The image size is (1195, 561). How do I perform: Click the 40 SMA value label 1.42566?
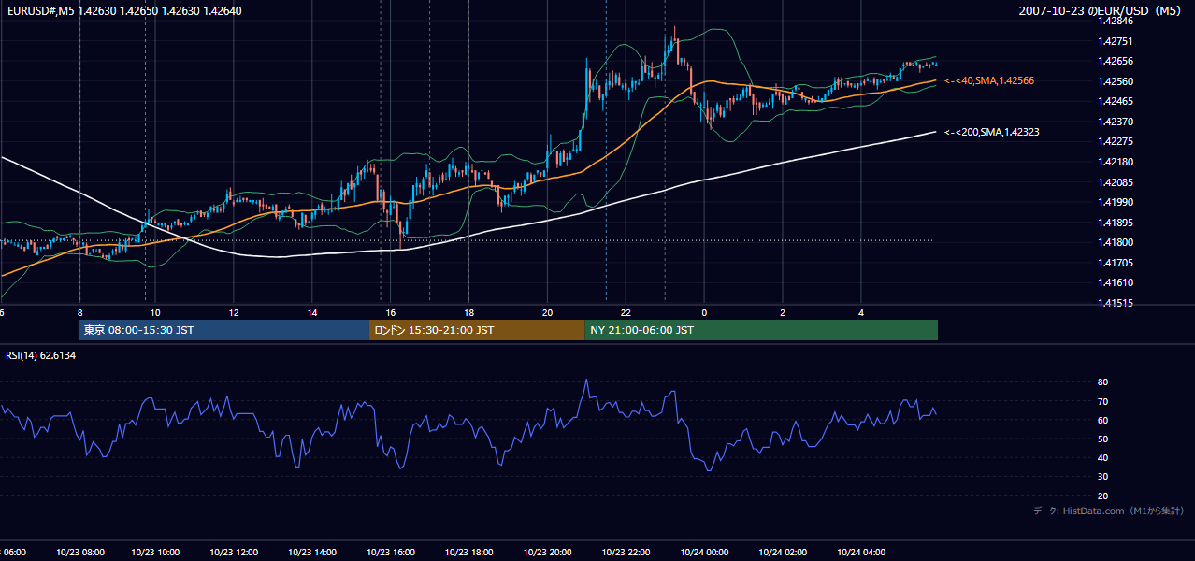point(989,80)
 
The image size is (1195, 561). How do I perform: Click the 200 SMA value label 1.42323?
point(992,132)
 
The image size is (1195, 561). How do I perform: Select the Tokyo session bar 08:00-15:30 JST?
point(223,330)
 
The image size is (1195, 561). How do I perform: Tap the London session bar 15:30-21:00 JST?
point(477,330)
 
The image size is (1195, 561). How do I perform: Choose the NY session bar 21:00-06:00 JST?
point(761,330)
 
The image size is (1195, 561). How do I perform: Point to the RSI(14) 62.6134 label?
point(40,355)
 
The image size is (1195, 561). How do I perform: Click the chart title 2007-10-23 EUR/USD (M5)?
point(1100,10)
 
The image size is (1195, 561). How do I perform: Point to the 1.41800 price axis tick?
point(1115,242)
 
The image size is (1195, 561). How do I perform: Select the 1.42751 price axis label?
point(1115,41)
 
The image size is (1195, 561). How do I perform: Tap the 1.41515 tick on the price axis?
point(1115,303)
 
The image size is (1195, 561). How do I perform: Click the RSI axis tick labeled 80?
point(1102,381)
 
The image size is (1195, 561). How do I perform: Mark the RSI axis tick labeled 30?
point(1102,476)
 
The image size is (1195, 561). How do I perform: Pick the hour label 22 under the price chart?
point(626,313)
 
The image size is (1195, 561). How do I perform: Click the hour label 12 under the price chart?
point(234,313)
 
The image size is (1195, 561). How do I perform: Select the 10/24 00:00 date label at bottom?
point(704,552)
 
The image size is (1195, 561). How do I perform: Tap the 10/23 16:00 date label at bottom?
point(391,552)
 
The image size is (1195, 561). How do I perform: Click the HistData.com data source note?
point(1108,511)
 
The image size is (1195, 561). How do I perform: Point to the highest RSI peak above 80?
point(586,380)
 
